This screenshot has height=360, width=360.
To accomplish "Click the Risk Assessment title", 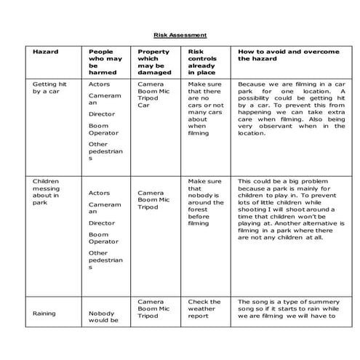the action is coord(180,34).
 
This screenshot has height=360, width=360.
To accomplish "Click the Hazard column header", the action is coord(45,52).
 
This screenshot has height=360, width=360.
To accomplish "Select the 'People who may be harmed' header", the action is coord(103,63).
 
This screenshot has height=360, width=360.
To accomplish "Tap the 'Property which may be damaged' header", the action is coord(154,63).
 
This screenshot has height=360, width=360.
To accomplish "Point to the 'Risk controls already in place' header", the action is coord(204,63).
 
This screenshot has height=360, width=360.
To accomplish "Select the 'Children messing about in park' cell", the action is coord(47,192).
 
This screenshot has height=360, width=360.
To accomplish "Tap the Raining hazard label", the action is coord(46,313).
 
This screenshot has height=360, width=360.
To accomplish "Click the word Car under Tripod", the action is coord(143,105).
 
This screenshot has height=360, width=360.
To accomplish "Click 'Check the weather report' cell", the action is coord(204,309).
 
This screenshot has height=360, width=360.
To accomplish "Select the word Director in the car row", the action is coord(102,114).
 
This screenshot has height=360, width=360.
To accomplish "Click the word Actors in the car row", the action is coord(100,85).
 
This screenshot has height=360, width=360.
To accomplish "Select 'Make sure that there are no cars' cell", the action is coord(206,109).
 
